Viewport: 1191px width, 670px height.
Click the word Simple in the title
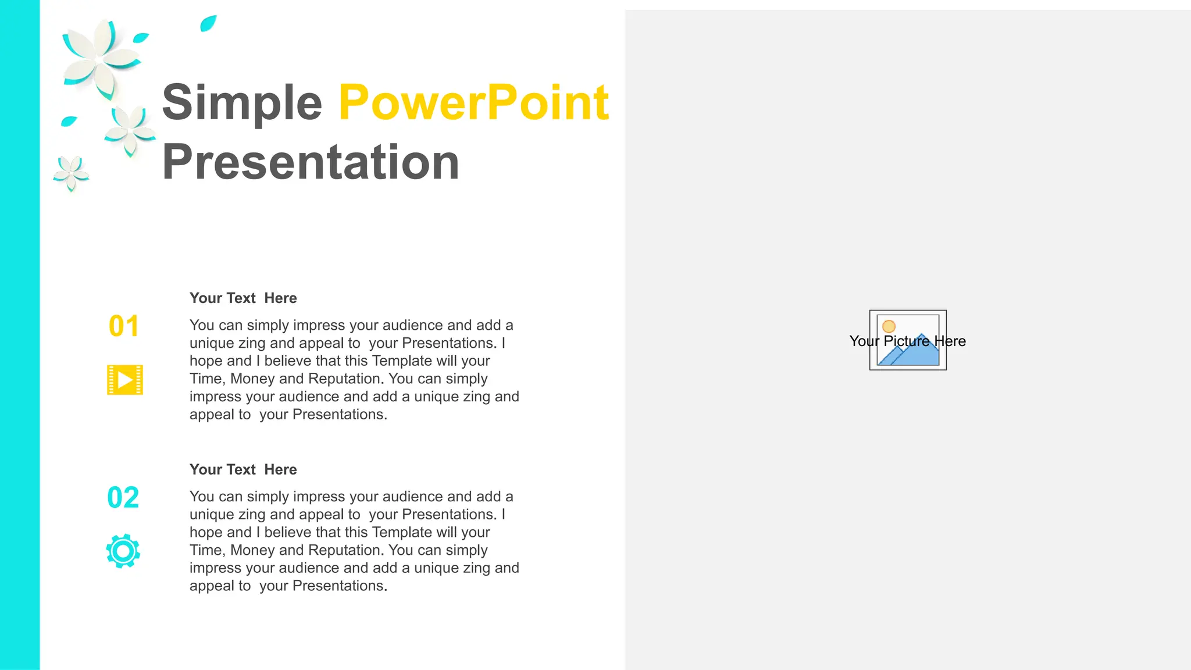[241, 103]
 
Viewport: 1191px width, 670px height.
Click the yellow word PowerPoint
[473, 103]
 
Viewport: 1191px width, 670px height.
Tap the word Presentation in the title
[311, 162]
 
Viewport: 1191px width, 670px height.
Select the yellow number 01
[124, 326]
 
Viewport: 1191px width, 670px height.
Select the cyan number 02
[123, 498]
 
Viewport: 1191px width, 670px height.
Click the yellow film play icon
[125, 380]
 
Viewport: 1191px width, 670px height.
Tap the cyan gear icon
[123, 551]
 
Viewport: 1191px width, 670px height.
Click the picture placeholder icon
[908, 340]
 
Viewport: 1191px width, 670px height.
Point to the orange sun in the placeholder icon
[889, 326]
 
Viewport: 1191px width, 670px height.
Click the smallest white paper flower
[71, 173]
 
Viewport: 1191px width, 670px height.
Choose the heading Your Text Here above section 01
[243, 298]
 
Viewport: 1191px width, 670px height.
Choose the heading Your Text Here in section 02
[243, 469]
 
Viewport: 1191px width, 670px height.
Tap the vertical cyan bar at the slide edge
[20, 335]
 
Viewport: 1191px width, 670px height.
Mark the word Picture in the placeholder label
[907, 341]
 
